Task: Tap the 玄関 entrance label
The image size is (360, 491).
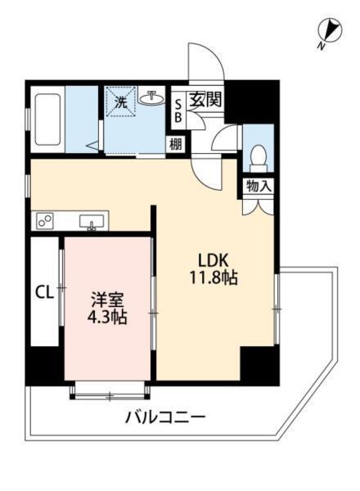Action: coord(206,101)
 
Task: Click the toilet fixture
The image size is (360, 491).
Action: coord(257,154)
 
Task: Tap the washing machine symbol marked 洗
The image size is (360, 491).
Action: coord(121,102)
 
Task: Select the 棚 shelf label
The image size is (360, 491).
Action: coord(176,144)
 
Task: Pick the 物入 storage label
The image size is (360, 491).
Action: coord(259,187)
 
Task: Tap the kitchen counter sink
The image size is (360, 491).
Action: coord(92,220)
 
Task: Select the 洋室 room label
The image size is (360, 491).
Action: coord(107,300)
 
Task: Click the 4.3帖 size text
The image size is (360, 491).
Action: coord(107,318)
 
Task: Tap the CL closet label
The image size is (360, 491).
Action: coord(44,291)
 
